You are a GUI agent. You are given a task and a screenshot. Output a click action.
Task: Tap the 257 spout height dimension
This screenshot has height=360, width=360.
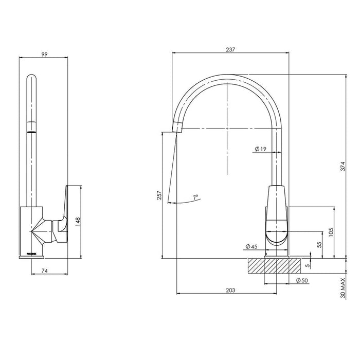click(x=159, y=196)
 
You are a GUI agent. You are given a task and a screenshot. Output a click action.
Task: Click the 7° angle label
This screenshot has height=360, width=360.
click(x=195, y=197)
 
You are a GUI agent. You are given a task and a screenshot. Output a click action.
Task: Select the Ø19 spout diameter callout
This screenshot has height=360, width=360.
click(x=260, y=149)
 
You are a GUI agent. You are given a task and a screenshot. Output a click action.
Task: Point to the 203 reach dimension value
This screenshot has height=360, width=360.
click(x=230, y=290)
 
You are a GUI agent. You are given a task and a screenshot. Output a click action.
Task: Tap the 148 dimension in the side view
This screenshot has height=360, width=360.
click(x=79, y=222)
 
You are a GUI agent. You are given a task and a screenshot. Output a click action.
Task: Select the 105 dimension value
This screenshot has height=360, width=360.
click(x=331, y=232)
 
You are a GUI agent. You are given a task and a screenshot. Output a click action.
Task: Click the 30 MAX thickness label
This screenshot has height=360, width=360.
click(x=342, y=290)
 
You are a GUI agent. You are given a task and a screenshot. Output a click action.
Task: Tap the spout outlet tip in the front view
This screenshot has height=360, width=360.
click(x=176, y=126)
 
